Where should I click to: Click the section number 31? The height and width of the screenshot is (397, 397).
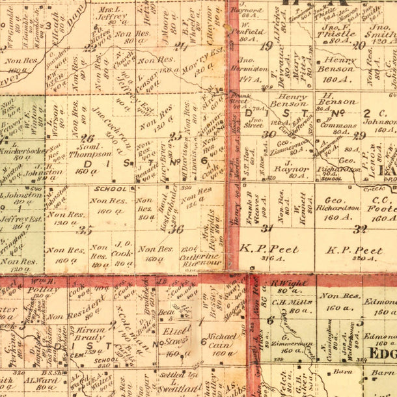266,228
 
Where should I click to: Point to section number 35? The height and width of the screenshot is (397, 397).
85,229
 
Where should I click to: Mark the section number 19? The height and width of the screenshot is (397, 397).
265,45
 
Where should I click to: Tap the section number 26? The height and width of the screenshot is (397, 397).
87,138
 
